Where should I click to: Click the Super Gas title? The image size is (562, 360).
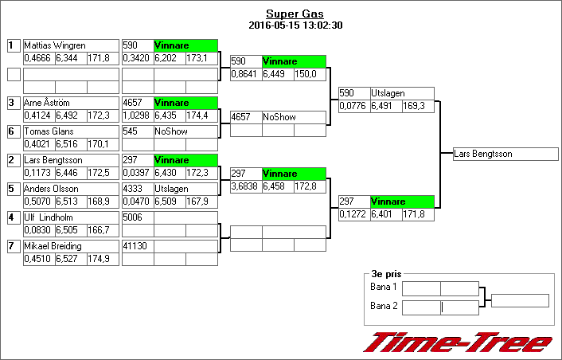pyautogui.click(x=295, y=14)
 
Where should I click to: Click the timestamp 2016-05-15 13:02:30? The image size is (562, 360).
pyautogui.click(x=295, y=25)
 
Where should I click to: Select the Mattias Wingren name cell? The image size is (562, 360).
pyautogui.click(x=70, y=45)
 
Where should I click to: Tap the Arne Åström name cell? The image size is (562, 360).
pyautogui.click(x=70, y=103)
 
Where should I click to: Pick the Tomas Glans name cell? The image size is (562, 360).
pyautogui.click(x=70, y=131)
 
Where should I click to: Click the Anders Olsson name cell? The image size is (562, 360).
pyautogui.click(x=70, y=189)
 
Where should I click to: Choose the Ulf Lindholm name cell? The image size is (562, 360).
pyautogui.click(x=70, y=217)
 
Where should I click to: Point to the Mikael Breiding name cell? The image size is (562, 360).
pyautogui.click(x=70, y=246)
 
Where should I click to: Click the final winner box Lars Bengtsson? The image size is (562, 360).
pyautogui.click(x=505, y=154)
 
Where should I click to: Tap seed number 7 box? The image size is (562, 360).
pyautogui.click(x=14, y=246)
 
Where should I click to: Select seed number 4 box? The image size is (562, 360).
pyautogui.click(x=14, y=217)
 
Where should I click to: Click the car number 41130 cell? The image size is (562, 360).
pyautogui.click(x=137, y=246)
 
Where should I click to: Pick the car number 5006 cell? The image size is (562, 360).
pyautogui.click(x=137, y=217)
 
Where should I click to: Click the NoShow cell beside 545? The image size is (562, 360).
pyautogui.click(x=185, y=131)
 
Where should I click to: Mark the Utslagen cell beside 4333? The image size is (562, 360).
pyautogui.click(x=185, y=189)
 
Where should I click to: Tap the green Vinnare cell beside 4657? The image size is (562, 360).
pyautogui.click(x=185, y=103)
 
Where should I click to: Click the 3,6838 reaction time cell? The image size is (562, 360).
pyautogui.click(x=245, y=186)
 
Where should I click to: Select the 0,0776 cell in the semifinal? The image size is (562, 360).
pyautogui.click(x=353, y=106)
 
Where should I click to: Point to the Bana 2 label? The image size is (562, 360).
pyautogui.click(x=384, y=306)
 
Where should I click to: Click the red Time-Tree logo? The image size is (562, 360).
pyautogui.click(x=458, y=342)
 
